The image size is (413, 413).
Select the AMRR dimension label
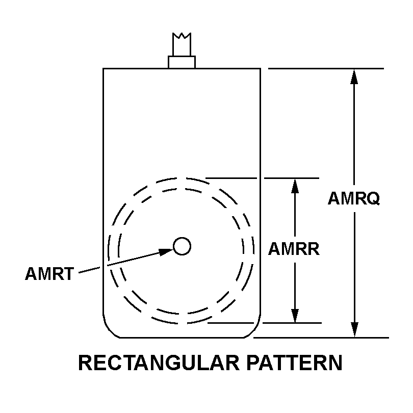(294, 249)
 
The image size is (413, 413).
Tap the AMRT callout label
(49, 274)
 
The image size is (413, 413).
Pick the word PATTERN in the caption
(295, 363)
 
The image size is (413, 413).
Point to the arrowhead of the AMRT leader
(166, 252)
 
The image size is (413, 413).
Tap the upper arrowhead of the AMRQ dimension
(354, 76)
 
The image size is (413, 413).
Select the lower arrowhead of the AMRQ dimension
(354, 329)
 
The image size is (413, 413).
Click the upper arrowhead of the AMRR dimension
(295, 186)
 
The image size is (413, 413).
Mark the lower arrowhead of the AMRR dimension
(295, 315)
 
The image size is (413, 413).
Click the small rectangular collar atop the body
(182, 62)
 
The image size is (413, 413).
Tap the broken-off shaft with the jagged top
(182, 44)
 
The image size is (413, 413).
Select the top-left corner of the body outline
(103, 69)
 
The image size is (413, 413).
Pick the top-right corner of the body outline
(261, 69)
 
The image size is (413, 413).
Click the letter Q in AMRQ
(373, 198)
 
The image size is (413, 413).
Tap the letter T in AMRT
(68, 274)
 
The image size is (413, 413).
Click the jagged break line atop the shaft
(182, 36)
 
